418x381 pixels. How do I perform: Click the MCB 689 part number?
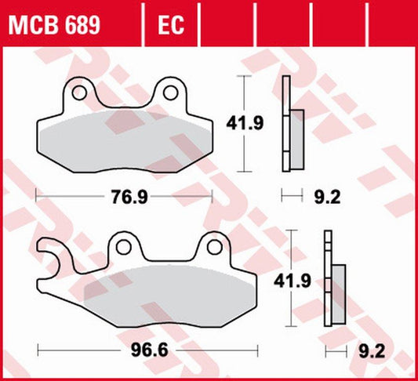coord(54,26)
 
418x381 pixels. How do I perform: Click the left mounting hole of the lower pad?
coord(122,248)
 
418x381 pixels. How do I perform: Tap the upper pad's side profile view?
coord(291,125)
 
